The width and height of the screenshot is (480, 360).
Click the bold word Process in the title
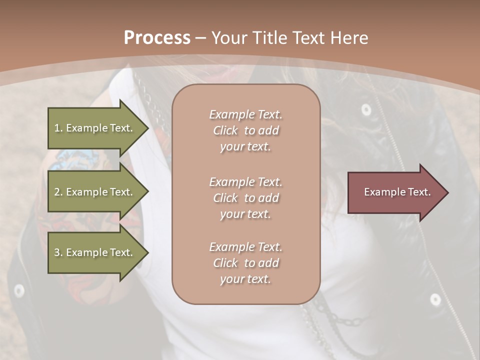point(157,38)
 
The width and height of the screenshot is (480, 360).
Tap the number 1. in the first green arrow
point(58,128)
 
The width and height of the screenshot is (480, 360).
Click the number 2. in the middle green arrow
point(58,192)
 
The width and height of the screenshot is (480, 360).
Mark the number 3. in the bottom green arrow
point(58,252)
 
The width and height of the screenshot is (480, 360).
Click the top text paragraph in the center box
point(245,130)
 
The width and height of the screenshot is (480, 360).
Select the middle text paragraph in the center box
point(245,197)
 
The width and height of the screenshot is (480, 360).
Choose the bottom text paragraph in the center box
point(245,263)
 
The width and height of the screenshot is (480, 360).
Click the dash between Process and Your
point(201,38)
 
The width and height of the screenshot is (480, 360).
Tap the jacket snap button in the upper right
point(366,109)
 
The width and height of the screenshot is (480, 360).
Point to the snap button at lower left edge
point(19,290)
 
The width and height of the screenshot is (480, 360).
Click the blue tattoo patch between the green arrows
point(70,159)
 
